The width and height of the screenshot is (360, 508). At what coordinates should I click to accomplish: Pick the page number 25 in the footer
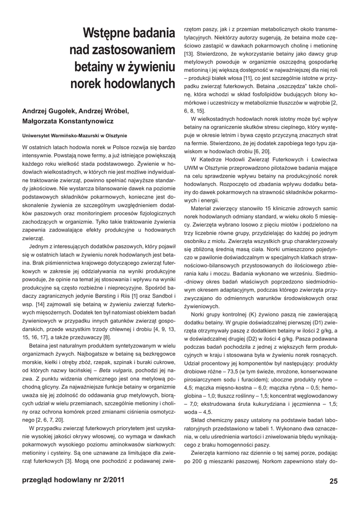(333, 481)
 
